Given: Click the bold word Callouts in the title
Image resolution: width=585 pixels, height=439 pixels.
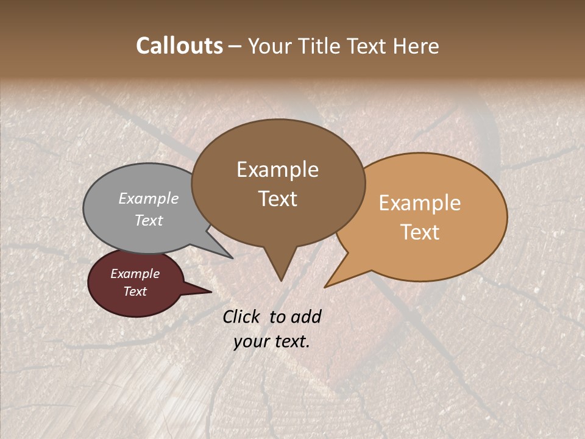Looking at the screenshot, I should point(179,46).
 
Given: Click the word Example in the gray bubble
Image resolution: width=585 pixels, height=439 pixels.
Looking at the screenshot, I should point(149,198).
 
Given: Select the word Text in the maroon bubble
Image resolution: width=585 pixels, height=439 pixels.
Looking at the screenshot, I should point(135,291).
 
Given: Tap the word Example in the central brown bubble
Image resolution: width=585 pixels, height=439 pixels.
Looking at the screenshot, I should point(277,170).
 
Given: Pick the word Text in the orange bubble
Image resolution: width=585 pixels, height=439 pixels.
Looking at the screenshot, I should point(420,232).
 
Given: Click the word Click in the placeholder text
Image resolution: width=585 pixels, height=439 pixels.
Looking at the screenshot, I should point(242,316).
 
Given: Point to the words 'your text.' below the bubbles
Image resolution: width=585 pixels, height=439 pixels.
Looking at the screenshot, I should point(272,341).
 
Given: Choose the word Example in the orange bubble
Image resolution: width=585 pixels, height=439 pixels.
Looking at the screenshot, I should point(420,203).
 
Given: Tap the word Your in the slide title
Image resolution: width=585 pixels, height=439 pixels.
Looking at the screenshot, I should point(266,46).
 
